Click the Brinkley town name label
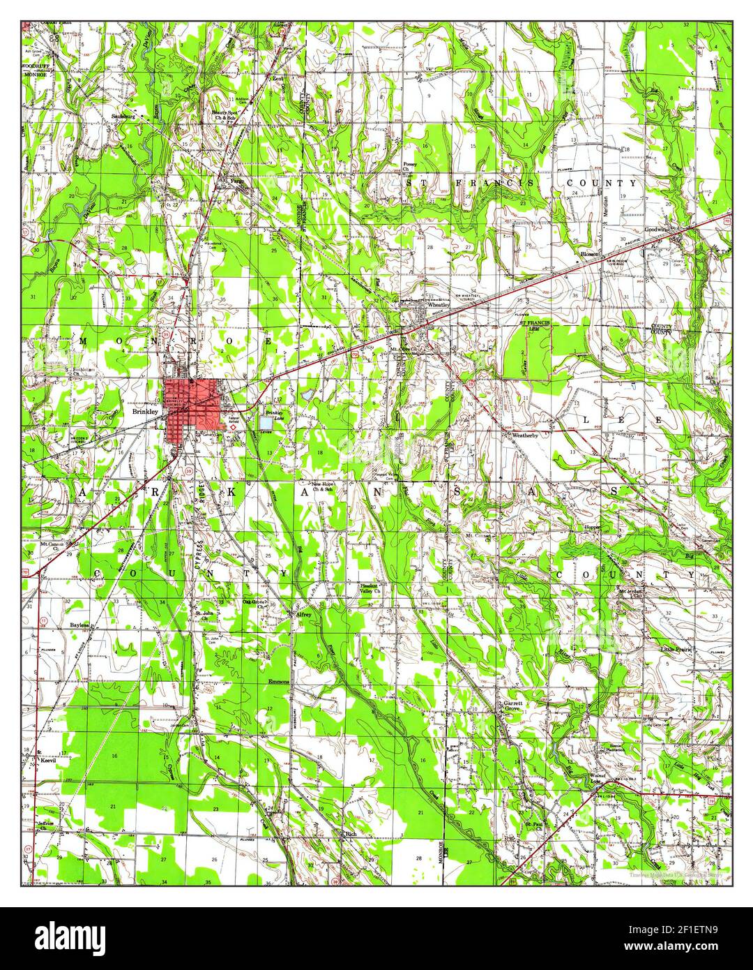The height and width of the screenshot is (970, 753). click(145, 412)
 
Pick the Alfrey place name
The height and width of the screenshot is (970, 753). click(303, 615)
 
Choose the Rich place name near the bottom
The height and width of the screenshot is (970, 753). click(351, 833)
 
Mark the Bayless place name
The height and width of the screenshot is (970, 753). click(80, 625)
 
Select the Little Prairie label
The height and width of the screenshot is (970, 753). click(677, 649)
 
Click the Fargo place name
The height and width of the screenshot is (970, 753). click(239, 179)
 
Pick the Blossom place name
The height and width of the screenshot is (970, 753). click(590, 255)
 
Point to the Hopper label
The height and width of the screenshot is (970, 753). click(593, 527)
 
